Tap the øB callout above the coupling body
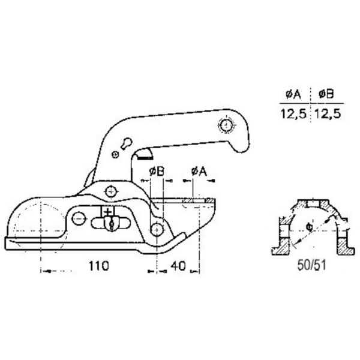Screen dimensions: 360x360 click(156, 171)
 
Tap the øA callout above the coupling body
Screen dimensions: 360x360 click(199, 171)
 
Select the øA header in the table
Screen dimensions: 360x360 click(293, 94)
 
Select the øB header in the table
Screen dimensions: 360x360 click(327, 94)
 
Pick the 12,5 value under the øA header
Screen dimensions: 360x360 click(293, 113)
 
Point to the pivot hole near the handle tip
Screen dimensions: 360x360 click(226, 125)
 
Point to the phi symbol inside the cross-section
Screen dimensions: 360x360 click(307, 227)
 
